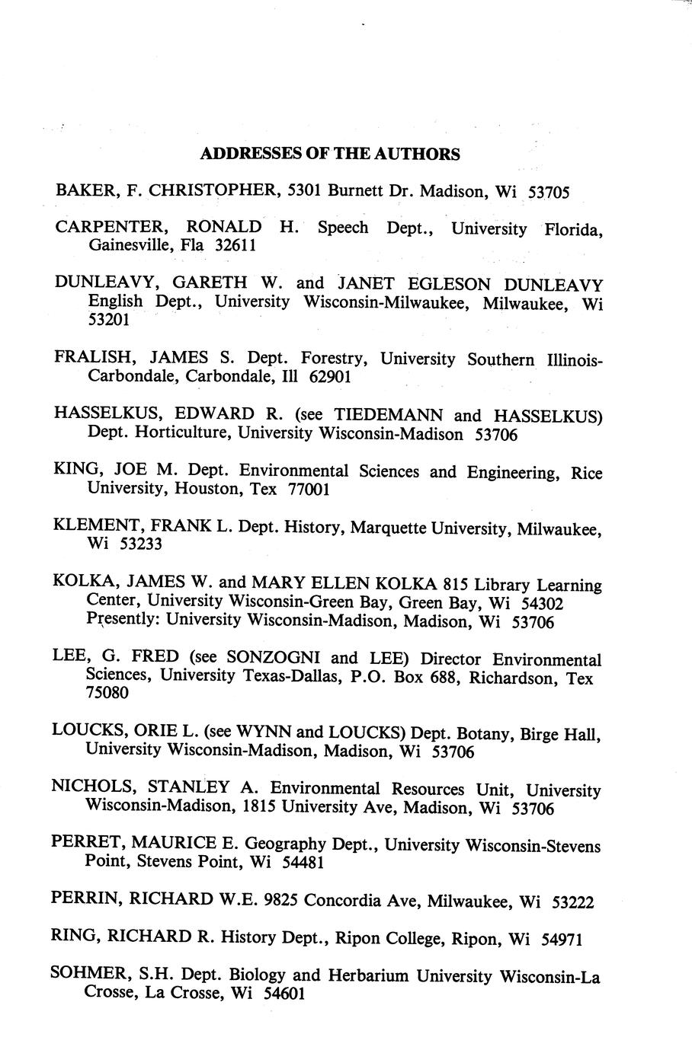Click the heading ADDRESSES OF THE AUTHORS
[x=329, y=154]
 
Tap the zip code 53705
[x=549, y=192]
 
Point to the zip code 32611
[x=236, y=245]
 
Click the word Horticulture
[x=174, y=433]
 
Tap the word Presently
[x=122, y=621]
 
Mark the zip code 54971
[x=561, y=939]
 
